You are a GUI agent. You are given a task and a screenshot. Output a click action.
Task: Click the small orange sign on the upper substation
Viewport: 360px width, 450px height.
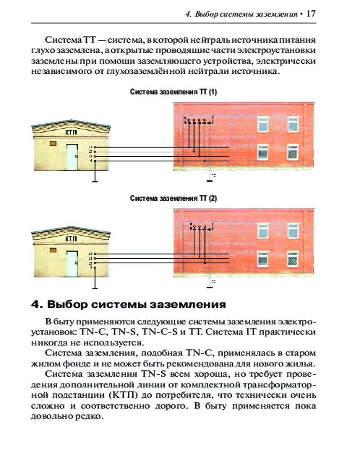(53, 144)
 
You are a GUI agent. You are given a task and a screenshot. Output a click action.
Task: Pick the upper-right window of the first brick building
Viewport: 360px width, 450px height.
(293, 123)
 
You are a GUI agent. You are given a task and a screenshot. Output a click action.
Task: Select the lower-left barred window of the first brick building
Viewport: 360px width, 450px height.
(263, 153)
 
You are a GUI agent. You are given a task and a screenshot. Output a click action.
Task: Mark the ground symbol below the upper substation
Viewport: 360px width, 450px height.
(95, 181)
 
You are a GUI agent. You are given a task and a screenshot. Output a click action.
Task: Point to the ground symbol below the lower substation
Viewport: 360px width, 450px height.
(95, 288)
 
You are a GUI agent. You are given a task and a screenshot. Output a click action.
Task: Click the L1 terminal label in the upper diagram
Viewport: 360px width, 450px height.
(90, 147)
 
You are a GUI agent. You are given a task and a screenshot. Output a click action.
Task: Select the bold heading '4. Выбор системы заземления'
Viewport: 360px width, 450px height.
(128, 305)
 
